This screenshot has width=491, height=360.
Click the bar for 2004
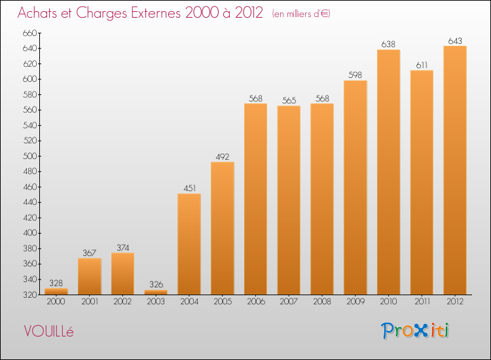[x=189, y=244]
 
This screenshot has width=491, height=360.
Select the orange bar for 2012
[x=455, y=170]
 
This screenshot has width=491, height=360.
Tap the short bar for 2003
[x=156, y=292]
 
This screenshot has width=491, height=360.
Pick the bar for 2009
[x=355, y=187]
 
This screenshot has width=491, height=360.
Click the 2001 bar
[x=90, y=276]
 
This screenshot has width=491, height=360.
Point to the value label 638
[x=388, y=45]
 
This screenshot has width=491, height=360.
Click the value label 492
[x=223, y=157]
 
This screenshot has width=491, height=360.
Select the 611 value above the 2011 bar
[x=422, y=65]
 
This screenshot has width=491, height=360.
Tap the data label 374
[x=123, y=248]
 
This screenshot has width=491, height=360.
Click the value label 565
[x=289, y=101]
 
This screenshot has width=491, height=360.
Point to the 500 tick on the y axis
[x=30, y=156]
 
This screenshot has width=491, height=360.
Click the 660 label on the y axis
[x=30, y=33]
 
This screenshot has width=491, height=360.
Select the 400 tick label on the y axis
[x=30, y=233]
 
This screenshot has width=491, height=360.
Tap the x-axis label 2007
[x=289, y=302]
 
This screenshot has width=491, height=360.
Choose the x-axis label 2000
[x=56, y=302]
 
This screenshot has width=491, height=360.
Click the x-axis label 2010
[x=388, y=302]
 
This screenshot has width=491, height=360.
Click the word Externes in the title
[x=156, y=13]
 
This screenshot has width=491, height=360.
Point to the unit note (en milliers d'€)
[x=301, y=14]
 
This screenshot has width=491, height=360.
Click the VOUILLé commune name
[x=48, y=331]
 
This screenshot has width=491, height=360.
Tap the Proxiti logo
[x=415, y=331]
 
